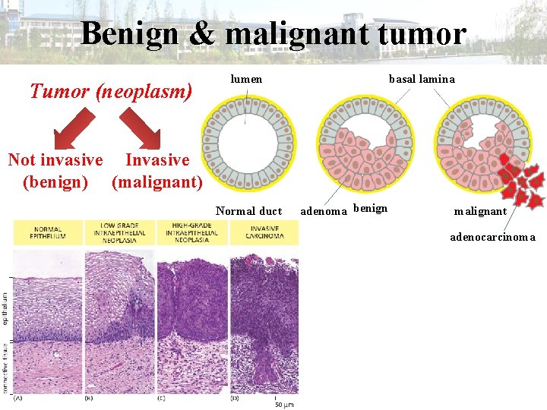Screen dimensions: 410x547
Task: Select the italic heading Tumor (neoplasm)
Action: [x=111, y=92]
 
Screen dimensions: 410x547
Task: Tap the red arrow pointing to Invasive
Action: [x=141, y=127]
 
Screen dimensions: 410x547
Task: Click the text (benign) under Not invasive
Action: [x=55, y=182]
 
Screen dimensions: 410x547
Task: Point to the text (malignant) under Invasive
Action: [x=157, y=182]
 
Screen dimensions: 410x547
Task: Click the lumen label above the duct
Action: [x=246, y=79]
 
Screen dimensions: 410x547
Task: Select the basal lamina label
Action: [x=422, y=79]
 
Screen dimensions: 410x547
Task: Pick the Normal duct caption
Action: [x=248, y=211]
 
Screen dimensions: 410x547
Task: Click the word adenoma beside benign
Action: [x=324, y=210]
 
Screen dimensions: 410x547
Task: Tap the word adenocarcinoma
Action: [x=492, y=237]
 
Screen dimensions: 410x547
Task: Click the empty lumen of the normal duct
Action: [x=246, y=145]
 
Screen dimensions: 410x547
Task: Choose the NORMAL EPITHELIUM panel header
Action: [x=47, y=232]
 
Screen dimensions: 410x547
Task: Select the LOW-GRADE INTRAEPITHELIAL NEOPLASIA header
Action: [x=119, y=232]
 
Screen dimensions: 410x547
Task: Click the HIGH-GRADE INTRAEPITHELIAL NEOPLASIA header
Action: [x=191, y=232]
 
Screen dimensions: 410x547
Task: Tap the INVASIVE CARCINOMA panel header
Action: [x=264, y=232]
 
